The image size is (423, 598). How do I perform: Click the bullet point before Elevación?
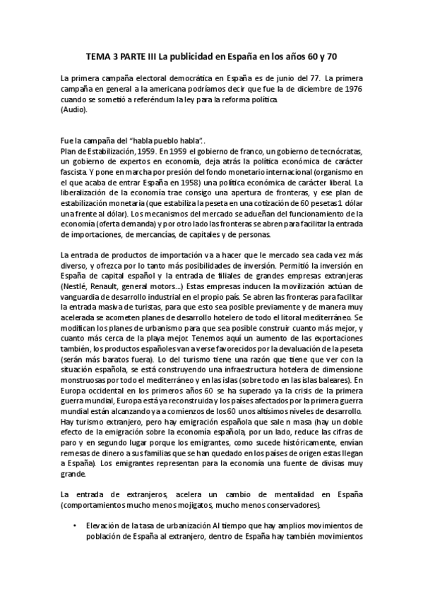click(75, 525)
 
